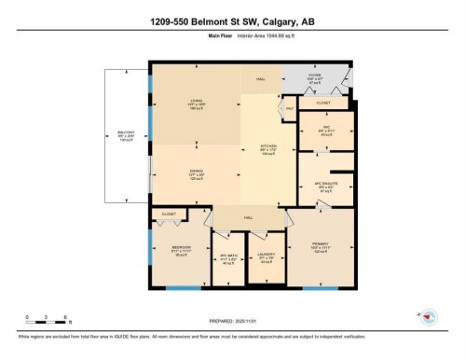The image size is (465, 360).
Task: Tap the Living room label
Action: click(x=170, y=103)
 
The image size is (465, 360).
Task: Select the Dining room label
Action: click(x=170, y=171)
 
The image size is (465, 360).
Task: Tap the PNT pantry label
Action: click(x=290, y=109)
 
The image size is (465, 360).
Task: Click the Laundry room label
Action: click(x=266, y=257)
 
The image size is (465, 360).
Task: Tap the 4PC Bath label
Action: click(x=225, y=258)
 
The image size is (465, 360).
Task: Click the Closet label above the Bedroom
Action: click(x=169, y=214)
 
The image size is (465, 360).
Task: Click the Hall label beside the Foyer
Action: click(x=262, y=78)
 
